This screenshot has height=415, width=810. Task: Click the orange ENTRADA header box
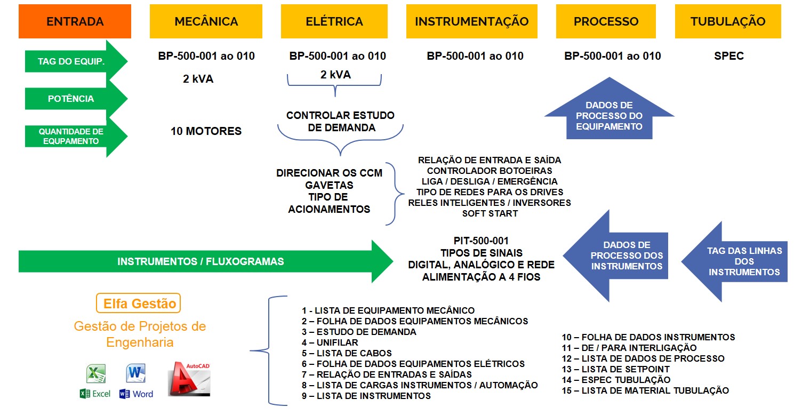(x=75, y=21)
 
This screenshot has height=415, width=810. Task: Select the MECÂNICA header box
(x=206, y=21)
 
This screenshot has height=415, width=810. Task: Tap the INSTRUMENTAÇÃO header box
(x=471, y=21)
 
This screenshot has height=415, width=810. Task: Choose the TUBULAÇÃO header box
(x=727, y=21)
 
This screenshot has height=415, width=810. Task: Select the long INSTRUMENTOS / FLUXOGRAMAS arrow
(x=203, y=261)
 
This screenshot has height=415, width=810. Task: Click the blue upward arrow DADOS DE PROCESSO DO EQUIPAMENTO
(x=609, y=116)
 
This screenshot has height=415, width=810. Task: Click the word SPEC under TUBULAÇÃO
(x=728, y=56)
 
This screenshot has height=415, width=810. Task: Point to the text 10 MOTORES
(x=206, y=131)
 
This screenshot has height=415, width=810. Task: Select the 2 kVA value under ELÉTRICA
(x=335, y=75)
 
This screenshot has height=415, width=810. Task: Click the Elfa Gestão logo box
(x=139, y=304)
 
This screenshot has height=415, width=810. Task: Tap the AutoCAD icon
(x=190, y=379)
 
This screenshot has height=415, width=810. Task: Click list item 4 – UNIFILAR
(x=330, y=342)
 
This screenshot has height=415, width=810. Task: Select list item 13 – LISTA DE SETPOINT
(x=615, y=369)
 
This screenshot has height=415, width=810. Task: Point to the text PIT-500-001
(x=482, y=241)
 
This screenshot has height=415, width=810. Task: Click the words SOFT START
(x=490, y=213)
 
